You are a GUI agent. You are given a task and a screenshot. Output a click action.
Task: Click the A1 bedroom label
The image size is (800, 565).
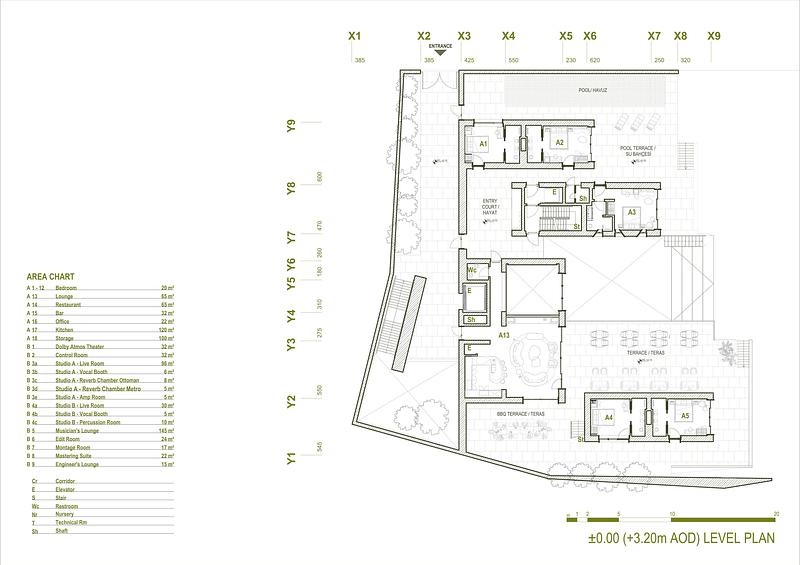[x=482, y=144]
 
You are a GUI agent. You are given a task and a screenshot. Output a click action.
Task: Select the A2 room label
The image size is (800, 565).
[x=560, y=143]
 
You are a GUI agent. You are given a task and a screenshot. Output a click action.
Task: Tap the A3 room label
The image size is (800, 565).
[x=632, y=212]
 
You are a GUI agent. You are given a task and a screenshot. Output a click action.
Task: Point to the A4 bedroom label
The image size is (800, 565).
[x=608, y=416]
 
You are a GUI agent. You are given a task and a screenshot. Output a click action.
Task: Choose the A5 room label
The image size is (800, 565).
[x=685, y=416]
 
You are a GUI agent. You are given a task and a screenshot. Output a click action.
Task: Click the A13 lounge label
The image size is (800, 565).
[x=506, y=336]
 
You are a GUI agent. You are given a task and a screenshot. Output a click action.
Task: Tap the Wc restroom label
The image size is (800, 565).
[x=472, y=271]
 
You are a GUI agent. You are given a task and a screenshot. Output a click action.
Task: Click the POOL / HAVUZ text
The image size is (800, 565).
[x=594, y=90]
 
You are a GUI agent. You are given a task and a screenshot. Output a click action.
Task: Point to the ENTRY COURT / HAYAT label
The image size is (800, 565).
[x=490, y=205]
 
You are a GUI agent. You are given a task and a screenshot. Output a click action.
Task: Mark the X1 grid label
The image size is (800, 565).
[x=354, y=36]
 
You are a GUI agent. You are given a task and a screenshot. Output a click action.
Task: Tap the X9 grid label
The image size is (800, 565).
[x=714, y=36]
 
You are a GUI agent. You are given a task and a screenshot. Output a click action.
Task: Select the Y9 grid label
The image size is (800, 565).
[x=291, y=127]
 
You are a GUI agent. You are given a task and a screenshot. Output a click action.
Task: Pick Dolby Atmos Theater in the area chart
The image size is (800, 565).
[x=80, y=346]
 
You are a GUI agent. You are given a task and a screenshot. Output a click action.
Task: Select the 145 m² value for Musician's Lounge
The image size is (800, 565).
[x=167, y=431]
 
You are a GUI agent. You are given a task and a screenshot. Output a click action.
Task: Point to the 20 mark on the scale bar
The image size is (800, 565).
[x=776, y=511]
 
